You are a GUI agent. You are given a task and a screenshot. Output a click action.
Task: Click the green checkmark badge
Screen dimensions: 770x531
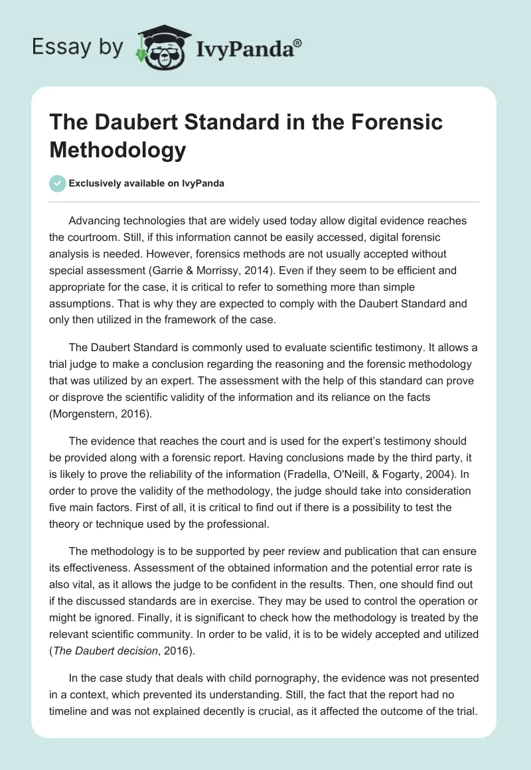coord(58,184)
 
